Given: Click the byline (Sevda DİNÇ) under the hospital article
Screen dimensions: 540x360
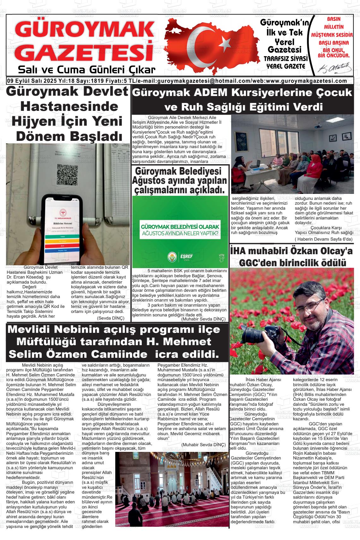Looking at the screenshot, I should click(111, 318).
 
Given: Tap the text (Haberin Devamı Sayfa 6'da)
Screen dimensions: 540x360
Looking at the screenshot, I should click(323, 239).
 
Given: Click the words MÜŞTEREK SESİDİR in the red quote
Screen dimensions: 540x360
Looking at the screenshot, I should click(332, 35).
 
